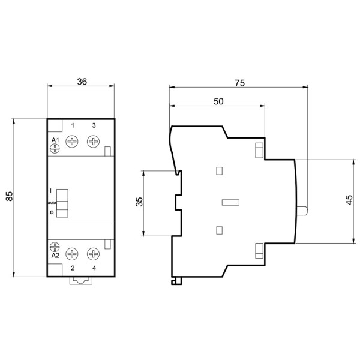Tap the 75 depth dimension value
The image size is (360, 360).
pyautogui.click(x=239, y=84)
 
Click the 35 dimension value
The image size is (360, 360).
pyautogui.click(x=139, y=202)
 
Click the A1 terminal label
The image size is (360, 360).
pyautogui.click(x=55, y=140)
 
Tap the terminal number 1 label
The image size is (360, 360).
pyautogui.click(x=73, y=125)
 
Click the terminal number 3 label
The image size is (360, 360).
pyautogui.click(x=94, y=125)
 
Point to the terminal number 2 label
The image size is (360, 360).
pyautogui.click(x=73, y=268)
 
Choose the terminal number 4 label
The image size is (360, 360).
pyautogui.click(x=94, y=268)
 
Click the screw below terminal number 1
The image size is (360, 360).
pyautogui.click(x=73, y=142)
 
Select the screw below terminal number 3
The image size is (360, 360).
pyautogui.click(x=94, y=142)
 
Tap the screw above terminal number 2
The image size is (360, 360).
pyautogui.click(x=73, y=253)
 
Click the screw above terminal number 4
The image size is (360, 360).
pyautogui.click(x=94, y=253)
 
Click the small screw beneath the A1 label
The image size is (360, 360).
pyautogui.click(x=55, y=149)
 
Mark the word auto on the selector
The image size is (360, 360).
pyautogui.click(x=52, y=203)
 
